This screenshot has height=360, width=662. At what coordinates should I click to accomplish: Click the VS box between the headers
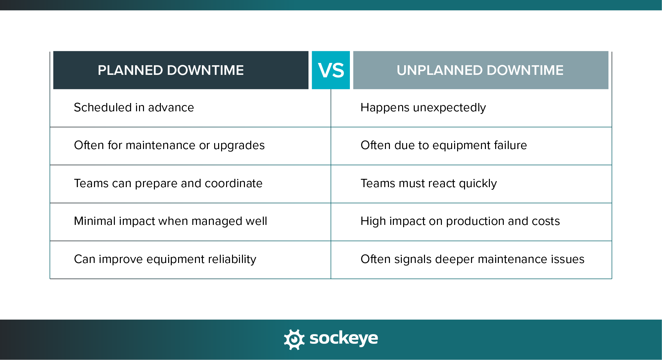click(x=331, y=70)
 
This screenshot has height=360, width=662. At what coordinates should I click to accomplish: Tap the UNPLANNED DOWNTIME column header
click(x=481, y=70)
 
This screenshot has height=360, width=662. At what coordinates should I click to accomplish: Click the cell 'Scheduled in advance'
click(x=134, y=108)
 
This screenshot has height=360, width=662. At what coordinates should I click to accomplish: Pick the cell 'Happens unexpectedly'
click(x=423, y=108)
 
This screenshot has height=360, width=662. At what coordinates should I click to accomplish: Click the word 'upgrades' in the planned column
click(x=239, y=146)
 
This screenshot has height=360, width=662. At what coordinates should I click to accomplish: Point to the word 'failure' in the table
click(x=510, y=145)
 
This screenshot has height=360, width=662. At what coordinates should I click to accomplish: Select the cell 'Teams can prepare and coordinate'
click(x=168, y=183)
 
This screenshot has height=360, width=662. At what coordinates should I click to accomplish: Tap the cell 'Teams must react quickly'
click(x=429, y=183)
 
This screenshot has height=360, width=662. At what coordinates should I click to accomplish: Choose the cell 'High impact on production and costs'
click(x=460, y=221)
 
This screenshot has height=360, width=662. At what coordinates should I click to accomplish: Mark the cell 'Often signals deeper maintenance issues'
click(x=472, y=259)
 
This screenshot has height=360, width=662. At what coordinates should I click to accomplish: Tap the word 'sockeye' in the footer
click(x=344, y=338)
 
